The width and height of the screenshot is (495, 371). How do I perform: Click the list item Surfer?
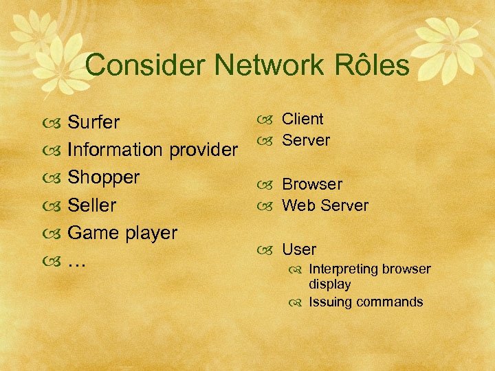pos(93,122)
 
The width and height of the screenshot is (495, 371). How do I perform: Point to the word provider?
pos(199,150)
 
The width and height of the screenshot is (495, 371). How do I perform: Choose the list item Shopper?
pos(103,177)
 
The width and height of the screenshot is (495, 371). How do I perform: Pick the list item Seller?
pos(92,205)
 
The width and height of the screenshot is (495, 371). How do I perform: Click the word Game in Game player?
pos(93,232)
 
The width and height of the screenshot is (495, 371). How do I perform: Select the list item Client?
pos(302,119)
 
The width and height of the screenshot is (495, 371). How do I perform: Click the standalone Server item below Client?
pos(306,140)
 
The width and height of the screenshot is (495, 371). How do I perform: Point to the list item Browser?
pos(311,184)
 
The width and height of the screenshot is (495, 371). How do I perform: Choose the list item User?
pos(299,249)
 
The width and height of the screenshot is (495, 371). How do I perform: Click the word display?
pos(329,284)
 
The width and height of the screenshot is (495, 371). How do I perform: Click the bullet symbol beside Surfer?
pos(51,124)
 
